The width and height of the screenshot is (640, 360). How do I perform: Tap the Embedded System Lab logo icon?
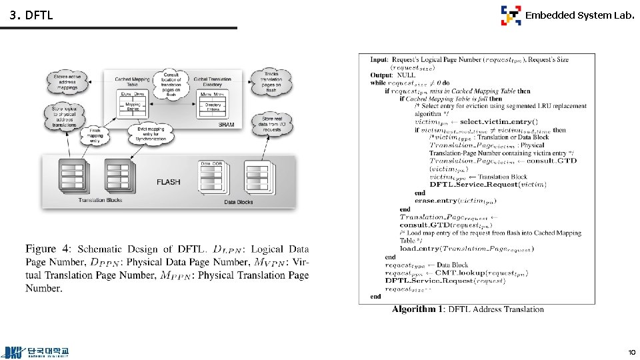point(511,15)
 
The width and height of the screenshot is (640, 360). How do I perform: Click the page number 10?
point(631,351)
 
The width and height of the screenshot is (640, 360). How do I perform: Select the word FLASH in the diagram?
point(168,181)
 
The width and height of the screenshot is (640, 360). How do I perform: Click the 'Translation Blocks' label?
point(100,200)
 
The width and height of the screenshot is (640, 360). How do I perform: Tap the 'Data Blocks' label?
point(238,202)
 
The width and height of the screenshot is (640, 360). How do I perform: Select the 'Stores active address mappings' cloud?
point(66,83)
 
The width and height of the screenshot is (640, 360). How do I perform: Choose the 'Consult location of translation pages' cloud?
point(171,83)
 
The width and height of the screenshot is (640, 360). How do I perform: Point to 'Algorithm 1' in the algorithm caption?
point(417,309)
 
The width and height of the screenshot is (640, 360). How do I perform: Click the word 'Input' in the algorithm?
point(379,60)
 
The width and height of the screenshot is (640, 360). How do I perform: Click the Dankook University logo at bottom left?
point(37,351)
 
